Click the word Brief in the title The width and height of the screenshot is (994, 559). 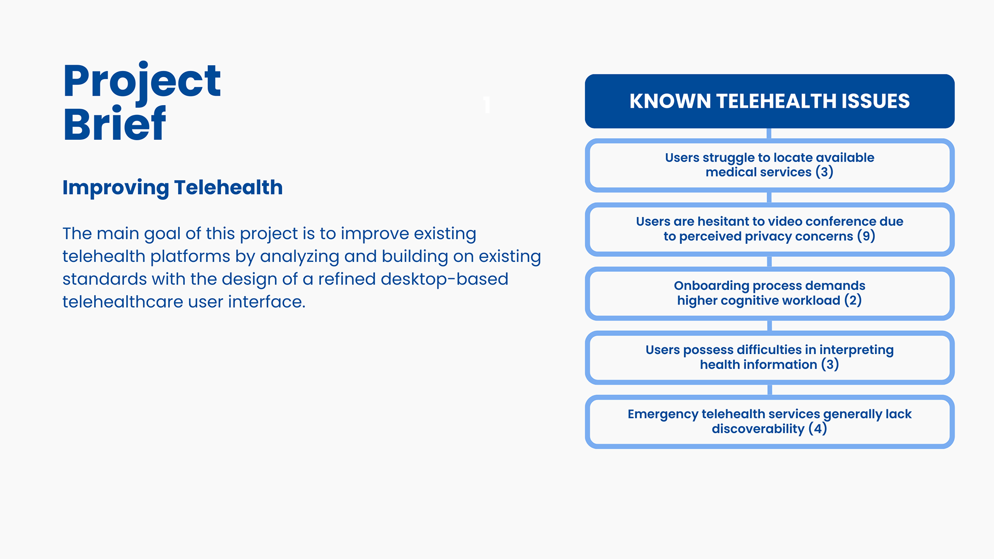[x=114, y=124]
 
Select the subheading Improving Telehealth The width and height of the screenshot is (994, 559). [x=172, y=188]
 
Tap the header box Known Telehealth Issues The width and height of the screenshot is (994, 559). [x=769, y=101]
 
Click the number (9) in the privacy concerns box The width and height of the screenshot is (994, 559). [x=866, y=237]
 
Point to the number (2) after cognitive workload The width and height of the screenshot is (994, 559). [x=853, y=301]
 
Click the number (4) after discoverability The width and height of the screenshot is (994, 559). [x=818, y=429]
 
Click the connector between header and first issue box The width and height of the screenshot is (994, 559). [x=769, y=134]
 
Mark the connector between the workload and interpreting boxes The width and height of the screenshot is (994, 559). [x=769, y=326]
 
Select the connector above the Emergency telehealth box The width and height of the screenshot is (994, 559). [x=769, y=390]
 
